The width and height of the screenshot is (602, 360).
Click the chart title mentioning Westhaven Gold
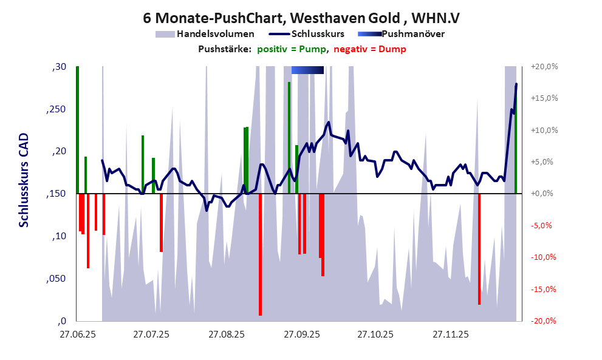coord(301,18)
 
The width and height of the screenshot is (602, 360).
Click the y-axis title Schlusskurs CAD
coord(24,182)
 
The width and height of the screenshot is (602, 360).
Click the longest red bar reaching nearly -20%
coord(260,255)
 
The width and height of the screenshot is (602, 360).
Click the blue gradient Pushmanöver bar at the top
coord(307,70)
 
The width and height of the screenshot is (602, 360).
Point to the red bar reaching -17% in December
coord(479,249)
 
